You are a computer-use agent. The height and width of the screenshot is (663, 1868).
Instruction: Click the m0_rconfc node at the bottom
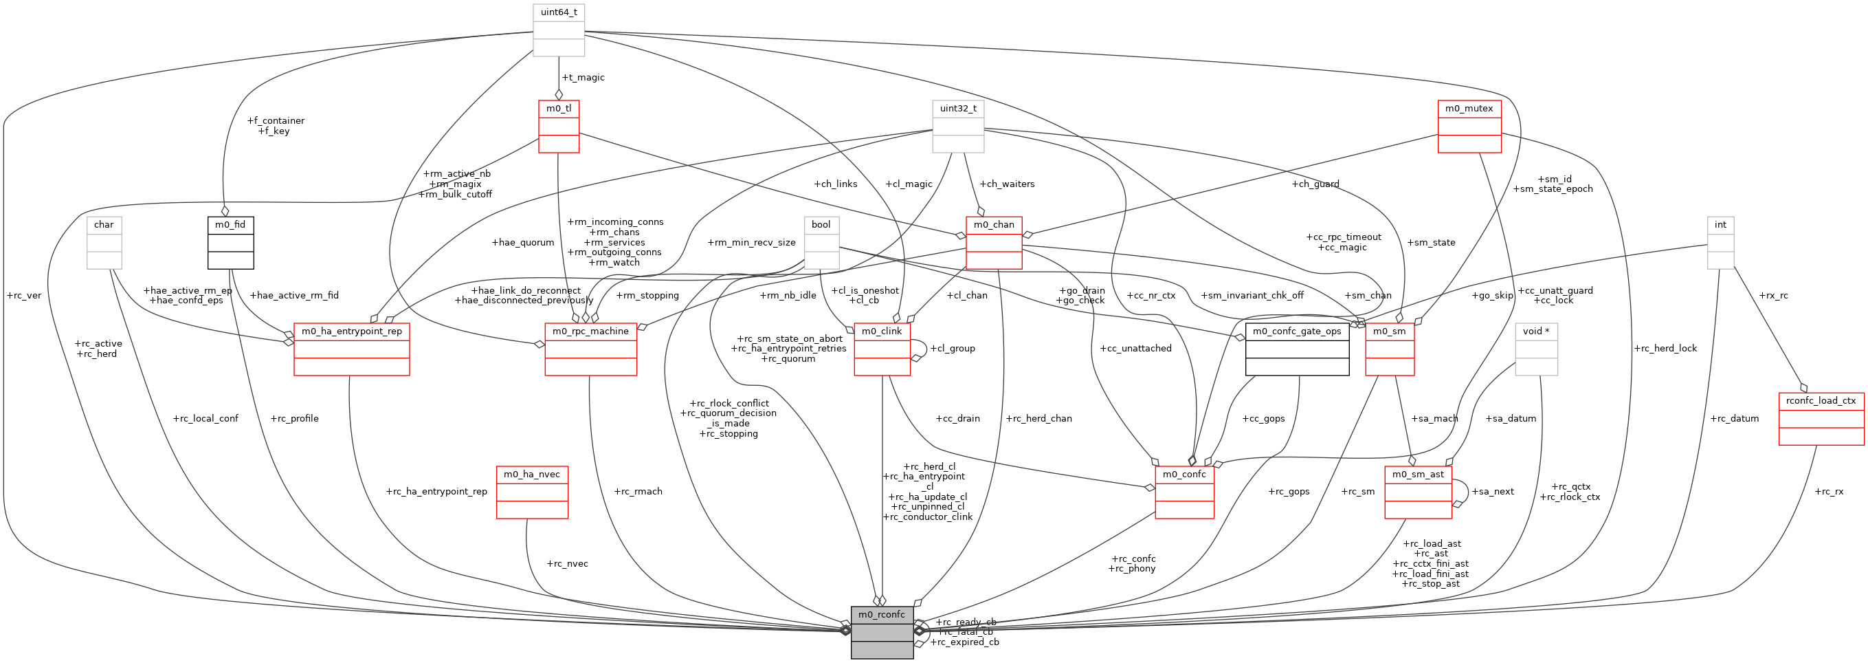tap(882, 632)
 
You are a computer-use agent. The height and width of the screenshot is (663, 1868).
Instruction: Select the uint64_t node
tap(558, 30)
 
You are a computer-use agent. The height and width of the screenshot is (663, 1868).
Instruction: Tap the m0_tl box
tap(558, 127)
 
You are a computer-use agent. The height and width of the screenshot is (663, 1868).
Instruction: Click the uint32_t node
tap(958, 127)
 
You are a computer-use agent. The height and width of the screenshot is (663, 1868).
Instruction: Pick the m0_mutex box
tap(1469, 127)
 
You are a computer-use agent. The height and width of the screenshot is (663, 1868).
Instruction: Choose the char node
tap(104, 242)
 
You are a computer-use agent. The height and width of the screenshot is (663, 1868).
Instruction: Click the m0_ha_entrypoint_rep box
tap(352, 349)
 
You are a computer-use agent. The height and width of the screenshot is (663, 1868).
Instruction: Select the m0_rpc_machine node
tap(590, 349)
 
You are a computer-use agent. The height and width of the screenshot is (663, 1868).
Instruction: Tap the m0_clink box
tap(882, 349)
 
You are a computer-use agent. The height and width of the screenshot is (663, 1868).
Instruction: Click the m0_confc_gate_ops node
tap(1297, 349)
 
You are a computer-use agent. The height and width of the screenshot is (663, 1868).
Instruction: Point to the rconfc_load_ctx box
tap(1821, 419)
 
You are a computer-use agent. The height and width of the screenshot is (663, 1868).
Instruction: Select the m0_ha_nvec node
tap(531, 492)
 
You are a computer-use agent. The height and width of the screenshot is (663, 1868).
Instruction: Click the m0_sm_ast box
tap(1418, 492)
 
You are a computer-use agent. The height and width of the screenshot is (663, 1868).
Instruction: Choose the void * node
tap(1536, 349)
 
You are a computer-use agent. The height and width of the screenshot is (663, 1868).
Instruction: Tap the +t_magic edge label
tap(583, 78)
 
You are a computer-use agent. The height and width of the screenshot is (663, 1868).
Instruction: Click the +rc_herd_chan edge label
tap(1038, 419)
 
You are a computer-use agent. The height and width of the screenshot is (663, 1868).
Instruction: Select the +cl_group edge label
tap(952, 349)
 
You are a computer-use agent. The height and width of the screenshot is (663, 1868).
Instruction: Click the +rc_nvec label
tap(567, 564)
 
